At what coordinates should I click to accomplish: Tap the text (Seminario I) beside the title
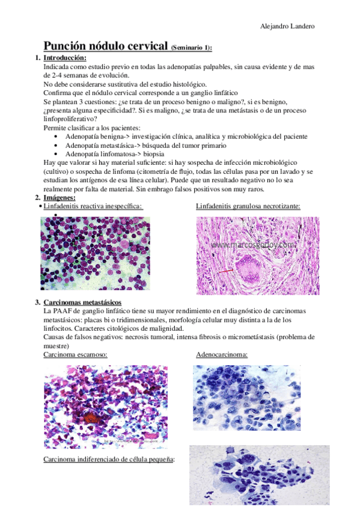tap(191, 48)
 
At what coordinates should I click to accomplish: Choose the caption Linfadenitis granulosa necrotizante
tap(248, 206)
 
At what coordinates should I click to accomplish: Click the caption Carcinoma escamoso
tap(76, 355)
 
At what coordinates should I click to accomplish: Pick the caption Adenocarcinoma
tap(222, 355)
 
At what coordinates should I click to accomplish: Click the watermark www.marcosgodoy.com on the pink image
tap(254, 245)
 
